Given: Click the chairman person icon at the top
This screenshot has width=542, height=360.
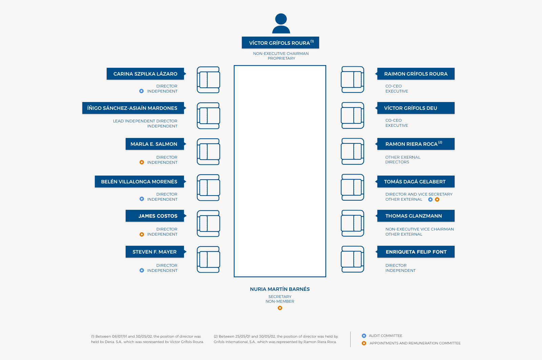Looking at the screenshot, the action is point(281,23).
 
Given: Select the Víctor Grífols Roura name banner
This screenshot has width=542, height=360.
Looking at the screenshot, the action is point(280,43).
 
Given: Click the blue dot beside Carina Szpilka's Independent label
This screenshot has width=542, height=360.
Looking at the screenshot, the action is point(142,91).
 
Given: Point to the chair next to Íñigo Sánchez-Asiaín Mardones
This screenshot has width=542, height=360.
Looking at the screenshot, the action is point(208,116).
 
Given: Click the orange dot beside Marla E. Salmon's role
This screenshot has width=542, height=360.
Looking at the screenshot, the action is point(142,162).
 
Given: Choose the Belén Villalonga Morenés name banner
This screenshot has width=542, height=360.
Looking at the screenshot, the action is point(140,181).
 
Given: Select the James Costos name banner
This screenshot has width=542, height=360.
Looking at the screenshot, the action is point(156,216).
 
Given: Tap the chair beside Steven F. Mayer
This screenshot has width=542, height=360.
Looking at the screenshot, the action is point(208,260).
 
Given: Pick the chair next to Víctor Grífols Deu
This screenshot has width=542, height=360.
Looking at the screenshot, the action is point(353,116).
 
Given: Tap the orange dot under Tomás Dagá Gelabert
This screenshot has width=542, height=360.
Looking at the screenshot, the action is point(437,199).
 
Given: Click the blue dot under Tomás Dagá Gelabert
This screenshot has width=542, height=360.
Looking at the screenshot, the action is point(430,199).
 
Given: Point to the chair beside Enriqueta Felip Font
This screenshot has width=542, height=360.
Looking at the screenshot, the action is point(353,259).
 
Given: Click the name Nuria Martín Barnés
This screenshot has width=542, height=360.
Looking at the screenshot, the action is point(280,289).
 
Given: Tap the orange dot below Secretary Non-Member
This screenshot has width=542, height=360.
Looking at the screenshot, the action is point(280,308).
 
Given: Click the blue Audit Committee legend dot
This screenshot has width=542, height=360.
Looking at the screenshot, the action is point(364,336).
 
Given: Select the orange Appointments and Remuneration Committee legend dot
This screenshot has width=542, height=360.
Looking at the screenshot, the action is point(364,343).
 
